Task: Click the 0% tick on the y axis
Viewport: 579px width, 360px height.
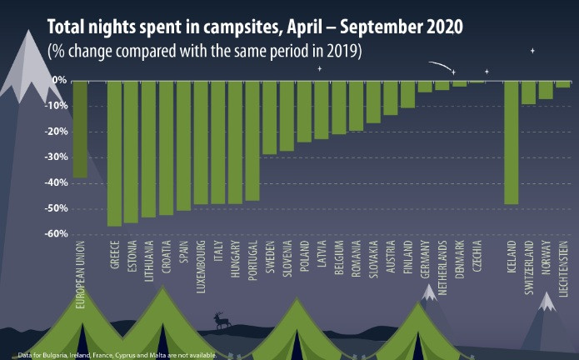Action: point(60,81)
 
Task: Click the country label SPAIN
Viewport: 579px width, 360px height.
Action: point(183,258)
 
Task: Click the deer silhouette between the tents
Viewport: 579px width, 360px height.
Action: point(220,320)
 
